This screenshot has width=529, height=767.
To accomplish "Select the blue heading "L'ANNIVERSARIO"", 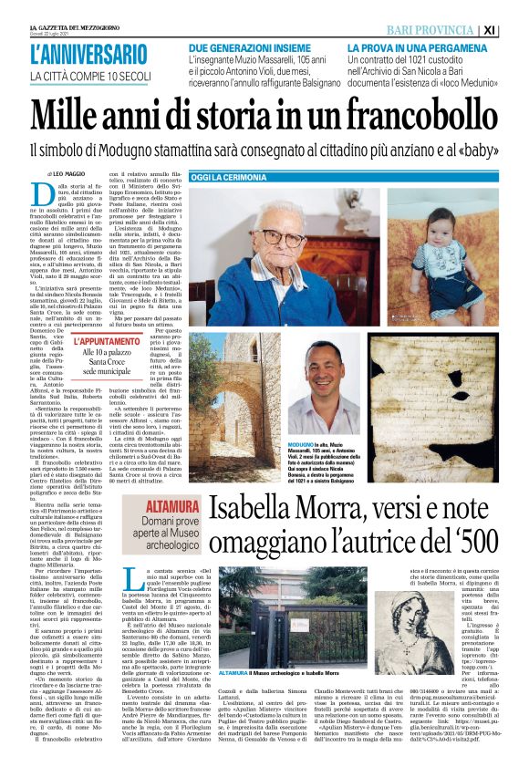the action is coord(87,54).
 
